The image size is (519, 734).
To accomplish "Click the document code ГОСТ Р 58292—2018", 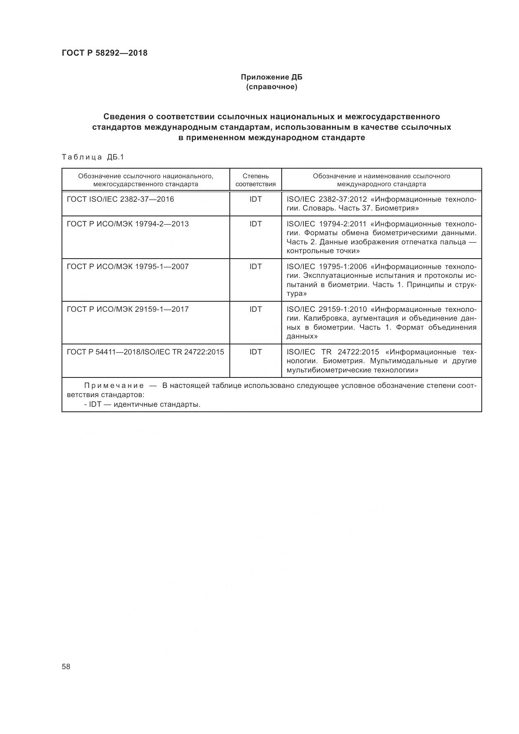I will coord(104,53).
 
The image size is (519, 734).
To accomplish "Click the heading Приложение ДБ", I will coord(271,77).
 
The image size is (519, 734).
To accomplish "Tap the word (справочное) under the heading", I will coord(271,87).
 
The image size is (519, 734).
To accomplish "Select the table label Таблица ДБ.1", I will coord(93,157).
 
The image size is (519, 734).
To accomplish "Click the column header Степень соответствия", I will coord(255,180).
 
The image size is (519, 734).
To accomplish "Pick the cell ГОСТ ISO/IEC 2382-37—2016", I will coord(120,199).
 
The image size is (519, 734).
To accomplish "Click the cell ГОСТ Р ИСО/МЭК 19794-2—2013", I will coord(128,224).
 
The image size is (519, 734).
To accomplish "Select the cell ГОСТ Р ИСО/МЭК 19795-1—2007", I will coord(128,267).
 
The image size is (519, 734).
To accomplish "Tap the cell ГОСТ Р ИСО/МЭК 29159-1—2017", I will coord(128,309).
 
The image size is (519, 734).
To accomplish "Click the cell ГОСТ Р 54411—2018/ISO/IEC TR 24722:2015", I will coord(145,352).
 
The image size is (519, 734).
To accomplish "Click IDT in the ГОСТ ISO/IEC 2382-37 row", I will coord(255,199).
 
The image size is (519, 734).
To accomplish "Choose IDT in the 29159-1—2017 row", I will coord(255,309).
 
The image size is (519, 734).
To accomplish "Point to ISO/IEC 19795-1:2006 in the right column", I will coord(326,267).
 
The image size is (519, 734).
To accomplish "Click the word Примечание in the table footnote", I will coord(114,385).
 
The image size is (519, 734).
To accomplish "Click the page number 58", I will coord(66,667).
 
